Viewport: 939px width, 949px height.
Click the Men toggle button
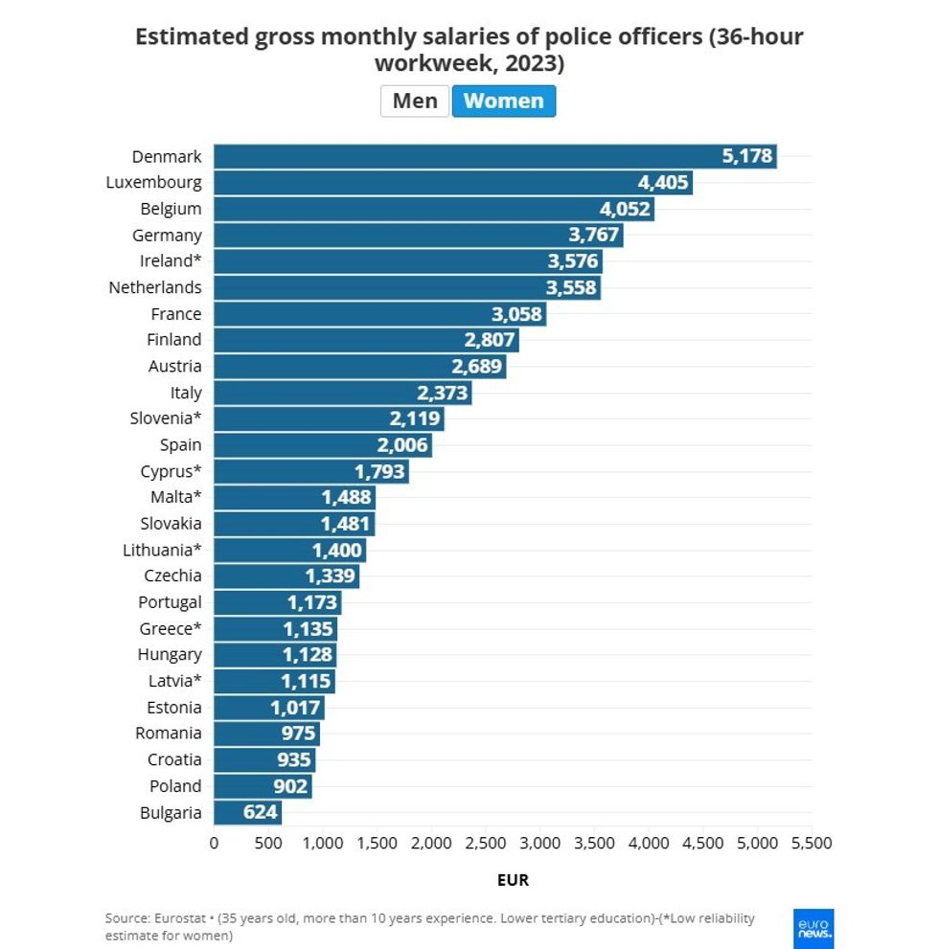click(414, 102)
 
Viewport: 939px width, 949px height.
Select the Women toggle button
click(503, 102)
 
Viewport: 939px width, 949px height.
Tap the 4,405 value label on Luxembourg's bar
click(663, 182)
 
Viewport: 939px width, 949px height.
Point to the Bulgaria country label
click(171, 813)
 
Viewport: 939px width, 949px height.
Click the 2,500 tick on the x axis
click(486, 843)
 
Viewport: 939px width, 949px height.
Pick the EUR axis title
click(513, 879)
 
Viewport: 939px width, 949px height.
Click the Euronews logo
click(813, 928)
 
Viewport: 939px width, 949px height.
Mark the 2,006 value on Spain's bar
click(402, 445)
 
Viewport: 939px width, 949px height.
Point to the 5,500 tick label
click(812, 843)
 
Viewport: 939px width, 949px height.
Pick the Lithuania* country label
click(162, 550)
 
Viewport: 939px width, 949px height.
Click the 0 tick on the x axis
click(214, 843)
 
